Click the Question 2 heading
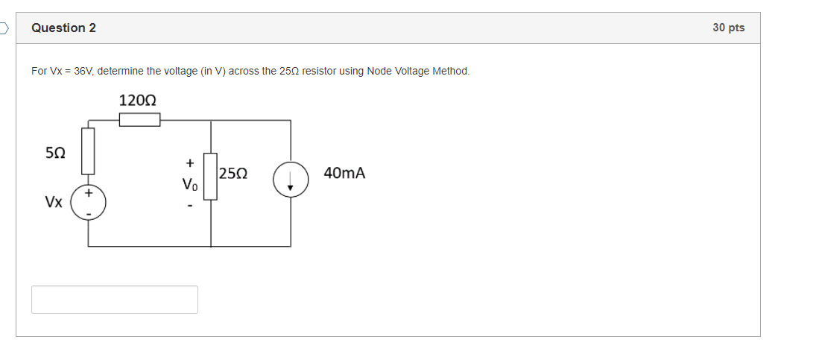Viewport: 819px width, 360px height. (x=63, y=28)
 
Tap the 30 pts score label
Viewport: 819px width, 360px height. (x=728, y=28)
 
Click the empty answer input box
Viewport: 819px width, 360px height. (x=115, y=300)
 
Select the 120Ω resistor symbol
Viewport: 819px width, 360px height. (x=140, y=120)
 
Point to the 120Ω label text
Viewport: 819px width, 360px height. (x=138, y=100)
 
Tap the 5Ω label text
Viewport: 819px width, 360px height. (x=55, y=153)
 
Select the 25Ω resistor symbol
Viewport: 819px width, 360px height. (x=211, y=177)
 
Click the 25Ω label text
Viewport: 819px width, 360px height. (x=234, y=174)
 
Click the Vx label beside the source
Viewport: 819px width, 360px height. (x=53, y=202)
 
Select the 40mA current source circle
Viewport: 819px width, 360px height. (x=291, y=180)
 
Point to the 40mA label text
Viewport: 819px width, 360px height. (x=344, y=174)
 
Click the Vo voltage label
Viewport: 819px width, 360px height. (x=190, y=183)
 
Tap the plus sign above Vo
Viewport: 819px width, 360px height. (x=190, y=162)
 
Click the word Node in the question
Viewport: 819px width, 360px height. (x=379, y=71)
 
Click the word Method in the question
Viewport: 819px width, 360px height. (x=451, y=71)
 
